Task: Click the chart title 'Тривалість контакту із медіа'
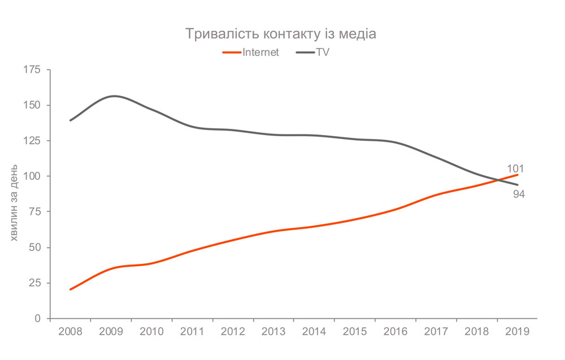click(281, 34)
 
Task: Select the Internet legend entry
click(251, 53)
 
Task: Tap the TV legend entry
click(312, 53)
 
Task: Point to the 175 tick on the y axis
click(32, 70)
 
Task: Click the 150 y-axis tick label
click(32, 105)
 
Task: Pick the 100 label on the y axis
click(32, 176)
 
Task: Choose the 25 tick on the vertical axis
click(34, 283)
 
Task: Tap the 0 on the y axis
click(38, 319)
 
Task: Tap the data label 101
click(516, 168)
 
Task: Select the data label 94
click(519, 195)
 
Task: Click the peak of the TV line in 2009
click(114, 96)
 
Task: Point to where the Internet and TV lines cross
click(498, 180)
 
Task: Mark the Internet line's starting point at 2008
click(70, 289)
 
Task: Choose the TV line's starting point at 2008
click(70, 120)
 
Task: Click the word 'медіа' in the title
click(359, 34)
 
